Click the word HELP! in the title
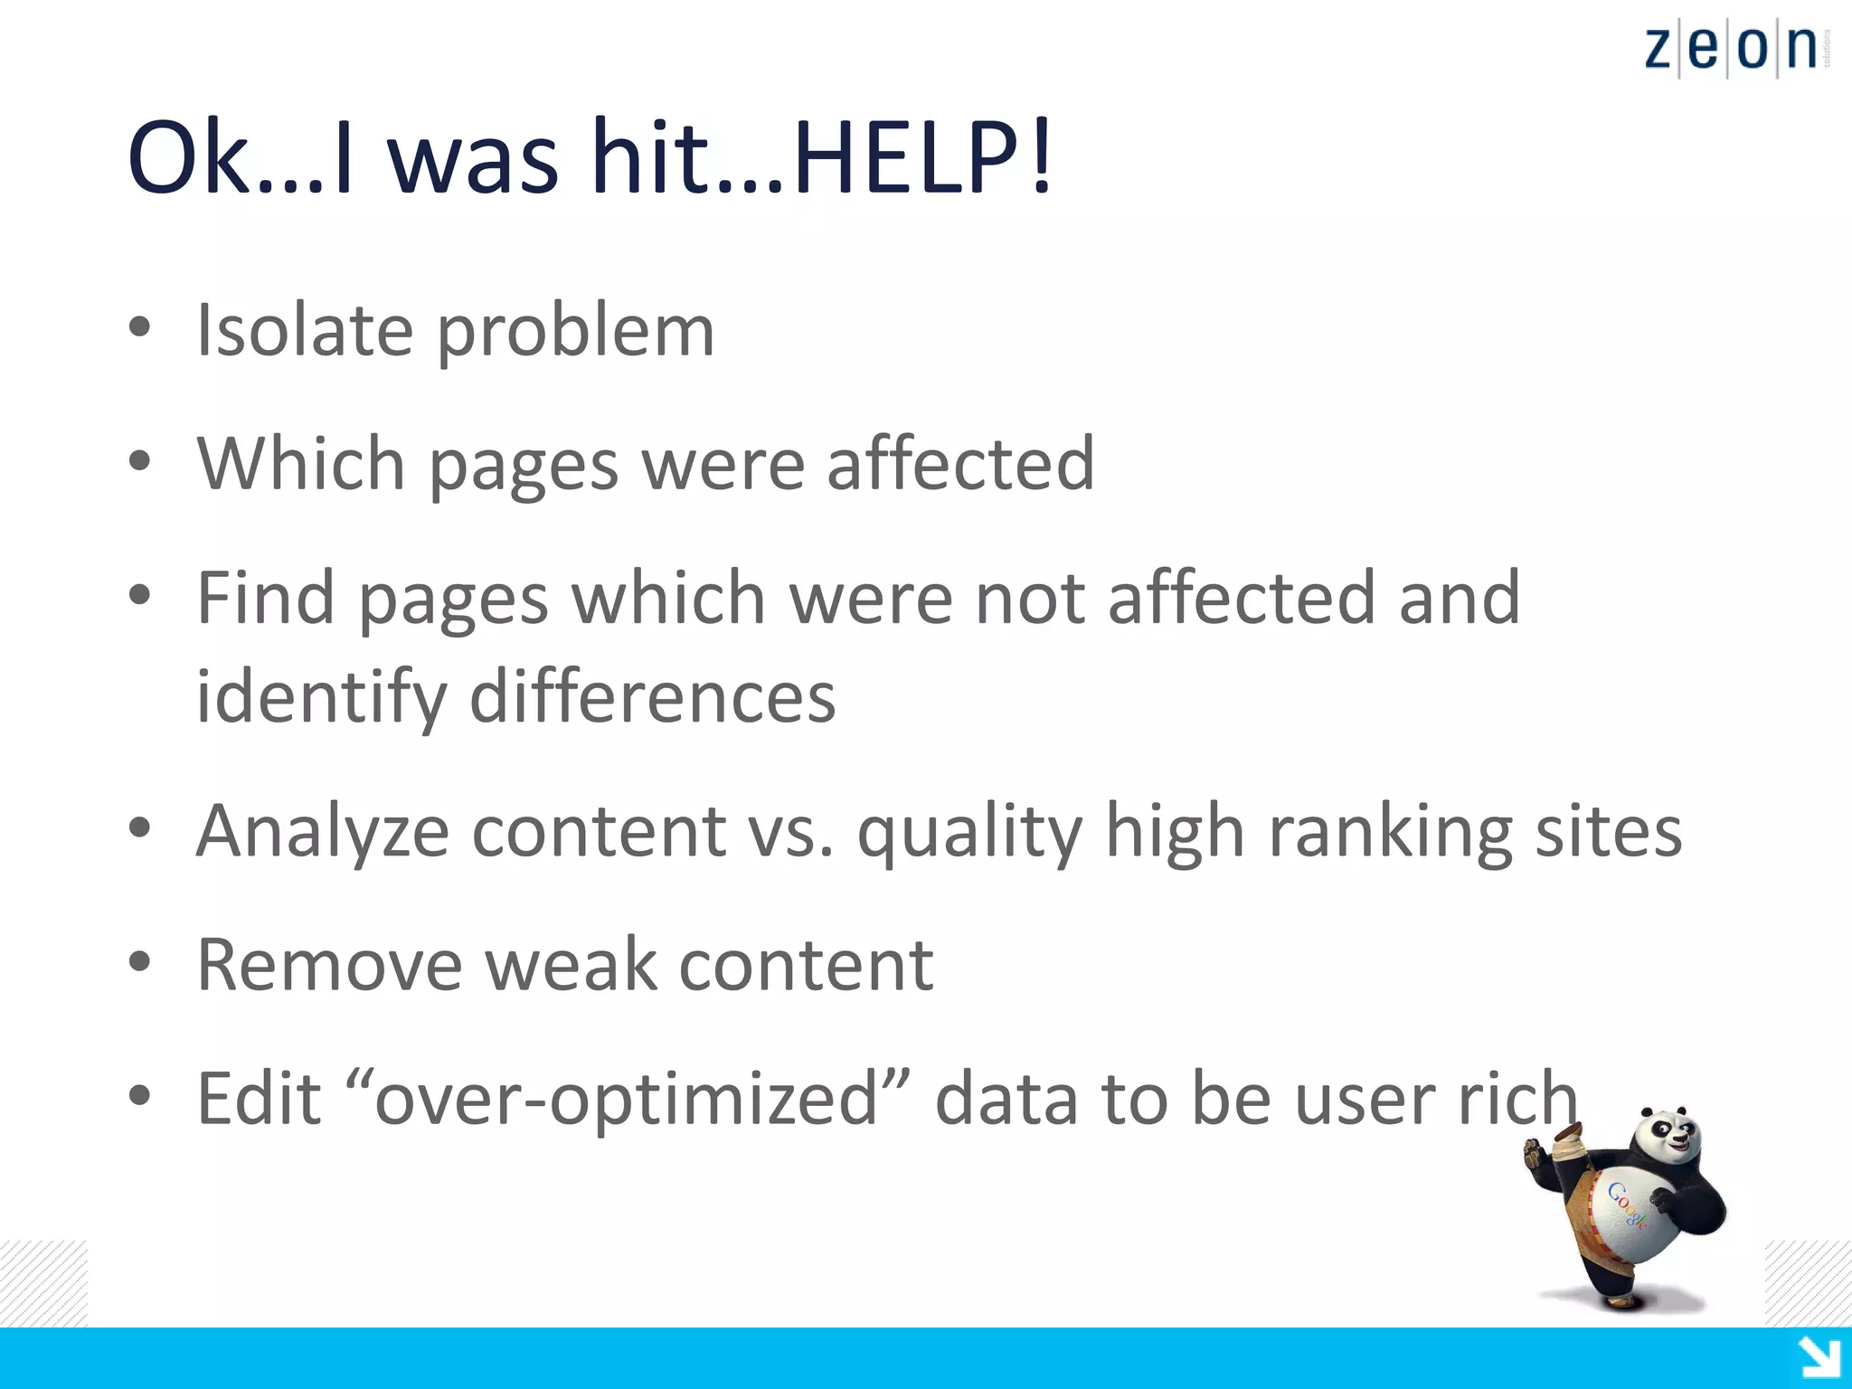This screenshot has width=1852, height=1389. [922, 157]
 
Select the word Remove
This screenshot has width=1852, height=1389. [329, 964]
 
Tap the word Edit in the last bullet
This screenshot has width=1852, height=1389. [259, 1098]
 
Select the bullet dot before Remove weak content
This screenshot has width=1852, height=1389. [139, 962]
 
